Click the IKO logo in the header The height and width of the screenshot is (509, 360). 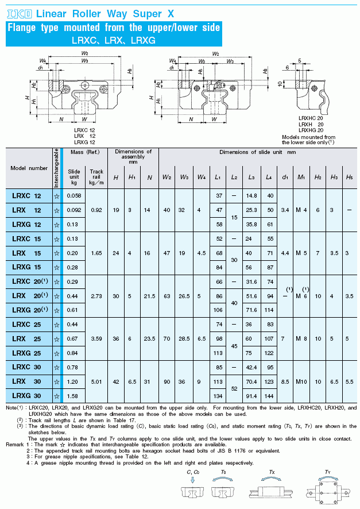point(19,14)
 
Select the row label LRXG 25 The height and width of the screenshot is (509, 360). point(26,353)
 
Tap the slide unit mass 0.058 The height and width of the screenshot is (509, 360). point(74,196)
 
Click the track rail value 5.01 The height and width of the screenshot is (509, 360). point(96,381)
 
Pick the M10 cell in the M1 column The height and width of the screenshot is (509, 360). point(301,381)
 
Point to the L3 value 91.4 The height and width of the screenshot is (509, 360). point(251,396)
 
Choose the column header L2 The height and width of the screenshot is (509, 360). point(234,178)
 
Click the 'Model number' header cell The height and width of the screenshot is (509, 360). point(29,168)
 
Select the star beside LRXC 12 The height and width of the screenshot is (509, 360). point(57,196)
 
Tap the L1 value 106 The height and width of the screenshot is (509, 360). point(218,310)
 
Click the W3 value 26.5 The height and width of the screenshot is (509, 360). point(184,296)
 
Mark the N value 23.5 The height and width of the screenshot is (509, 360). point(149,338)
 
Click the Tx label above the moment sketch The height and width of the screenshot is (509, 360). point(272,472)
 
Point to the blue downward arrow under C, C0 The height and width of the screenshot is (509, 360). point(193,480)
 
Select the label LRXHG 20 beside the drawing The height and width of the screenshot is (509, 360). point(311,130)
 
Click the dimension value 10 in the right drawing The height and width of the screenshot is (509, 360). point(280,83)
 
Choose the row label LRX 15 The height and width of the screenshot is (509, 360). point(26,253)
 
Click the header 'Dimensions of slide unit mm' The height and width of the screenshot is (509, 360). point(258,152)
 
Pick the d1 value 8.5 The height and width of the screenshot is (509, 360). point(285,381)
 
